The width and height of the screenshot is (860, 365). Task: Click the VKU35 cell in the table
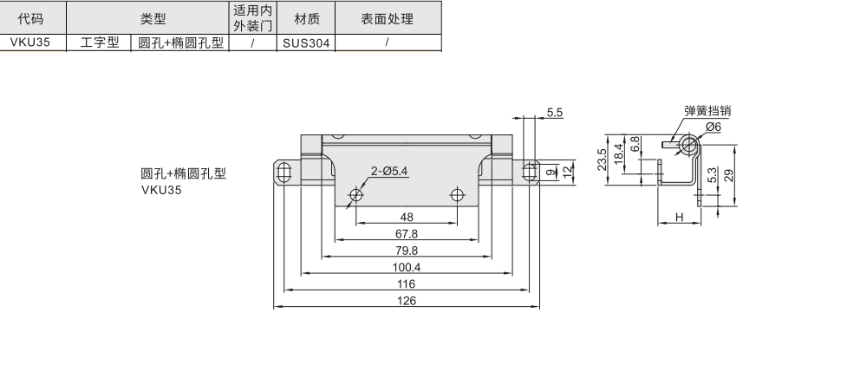(32, 42)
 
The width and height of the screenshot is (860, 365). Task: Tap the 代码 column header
(32, 18)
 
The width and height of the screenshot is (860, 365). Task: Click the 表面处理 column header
(387, 18)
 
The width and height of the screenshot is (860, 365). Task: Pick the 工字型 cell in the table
(100, 42)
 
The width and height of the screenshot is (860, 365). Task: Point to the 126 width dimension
(407, 300)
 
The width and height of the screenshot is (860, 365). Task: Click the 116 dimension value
(407, 284)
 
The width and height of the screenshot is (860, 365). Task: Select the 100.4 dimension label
(407, 267)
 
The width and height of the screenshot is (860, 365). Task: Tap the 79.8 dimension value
(407, 251)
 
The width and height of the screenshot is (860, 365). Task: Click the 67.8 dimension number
(407, 234)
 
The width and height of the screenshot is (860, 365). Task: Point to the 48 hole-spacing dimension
(407, 218)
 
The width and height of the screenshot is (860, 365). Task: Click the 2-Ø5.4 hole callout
(389, 171)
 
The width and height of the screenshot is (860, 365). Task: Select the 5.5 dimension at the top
(555, 113)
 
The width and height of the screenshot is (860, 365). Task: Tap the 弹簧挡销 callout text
(708, 110)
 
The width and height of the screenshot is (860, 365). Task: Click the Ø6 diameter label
(713, 127)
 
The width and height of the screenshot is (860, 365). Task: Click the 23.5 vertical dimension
(603, 160)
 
